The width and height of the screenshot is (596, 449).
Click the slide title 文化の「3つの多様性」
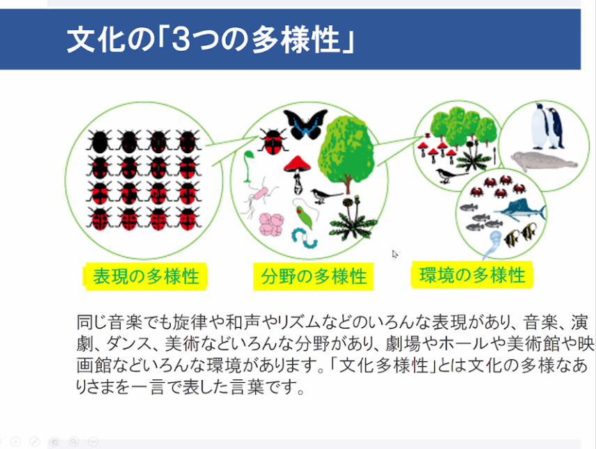pos(211,39)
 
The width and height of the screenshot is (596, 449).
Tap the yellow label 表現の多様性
pos(145,276)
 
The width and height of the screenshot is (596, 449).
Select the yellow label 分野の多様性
pos(313,276)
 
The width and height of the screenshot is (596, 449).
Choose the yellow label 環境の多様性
pos(472,275)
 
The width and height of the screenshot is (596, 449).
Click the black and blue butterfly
pos(305,123)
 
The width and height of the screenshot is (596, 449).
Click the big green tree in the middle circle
pos(345,152)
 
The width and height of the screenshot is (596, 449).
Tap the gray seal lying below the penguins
pos(543,161)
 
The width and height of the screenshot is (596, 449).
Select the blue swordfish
pos(521,210)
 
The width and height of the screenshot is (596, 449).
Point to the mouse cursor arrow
pos(395,254)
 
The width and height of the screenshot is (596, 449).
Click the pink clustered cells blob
pos(271,225)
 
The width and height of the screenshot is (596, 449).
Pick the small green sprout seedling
pos(249,166)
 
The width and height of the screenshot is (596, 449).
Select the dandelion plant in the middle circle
pos(352,219)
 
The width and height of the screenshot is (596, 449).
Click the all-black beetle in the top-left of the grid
pos(100,141)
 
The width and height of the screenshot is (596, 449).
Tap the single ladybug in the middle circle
pos(273,141)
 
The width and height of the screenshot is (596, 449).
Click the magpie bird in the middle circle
pos(325,196)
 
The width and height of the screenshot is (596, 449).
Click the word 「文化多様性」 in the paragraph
pos(383,365)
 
